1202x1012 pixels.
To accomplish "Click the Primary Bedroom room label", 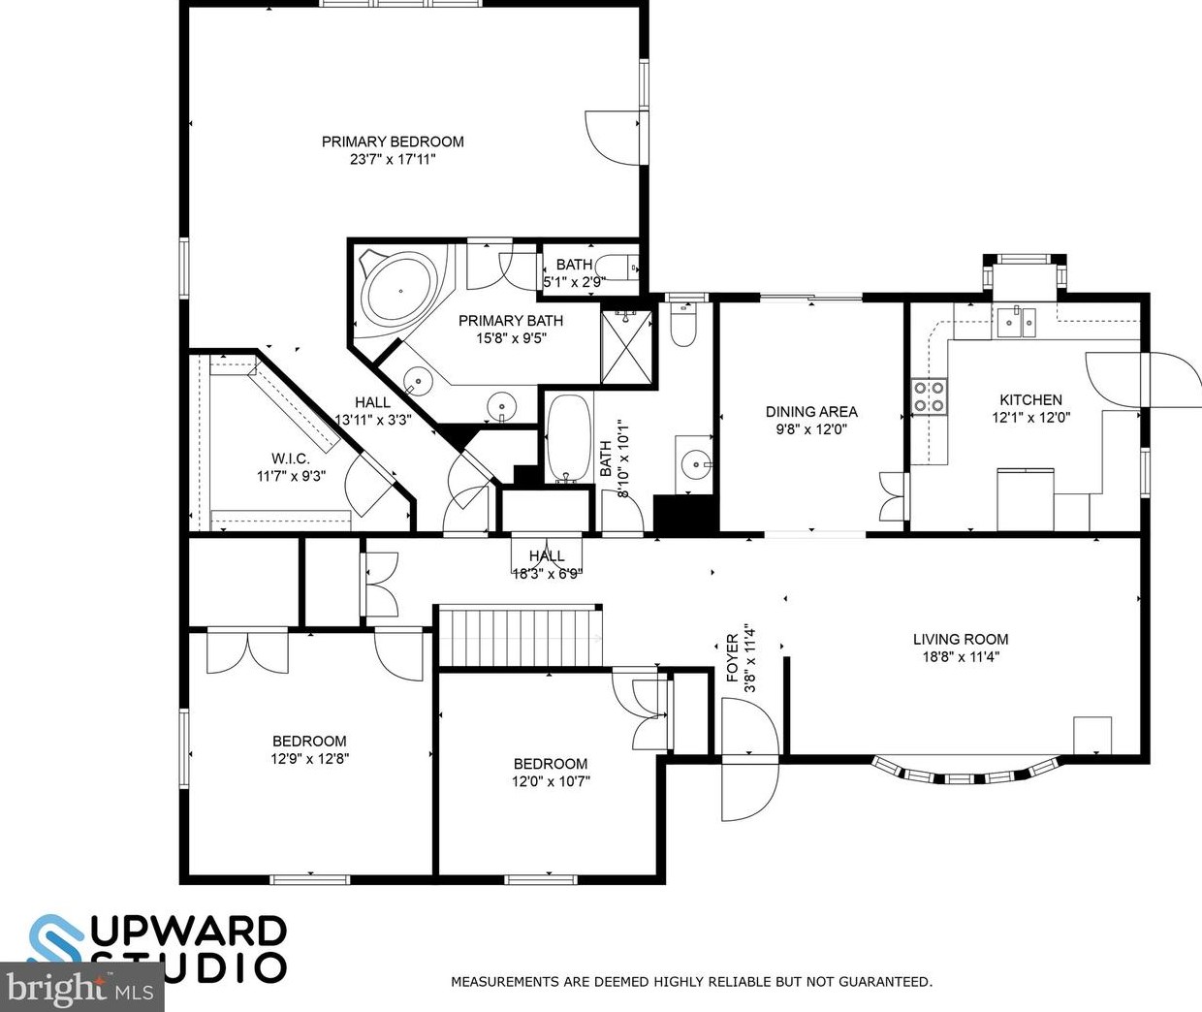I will point(393,142).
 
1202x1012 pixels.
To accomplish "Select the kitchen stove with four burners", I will point(929,395).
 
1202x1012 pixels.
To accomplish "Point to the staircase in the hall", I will point(519,636).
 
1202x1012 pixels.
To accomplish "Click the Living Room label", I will point(960,639).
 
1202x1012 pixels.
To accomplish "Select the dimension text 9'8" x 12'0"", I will point(811,428).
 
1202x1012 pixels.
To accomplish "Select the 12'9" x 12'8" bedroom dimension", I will point(309,759).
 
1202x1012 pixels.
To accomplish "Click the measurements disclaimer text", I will point(691,982).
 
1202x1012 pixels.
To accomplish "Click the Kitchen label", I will point(1030,399).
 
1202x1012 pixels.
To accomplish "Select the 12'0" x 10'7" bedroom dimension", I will point(550,781).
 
